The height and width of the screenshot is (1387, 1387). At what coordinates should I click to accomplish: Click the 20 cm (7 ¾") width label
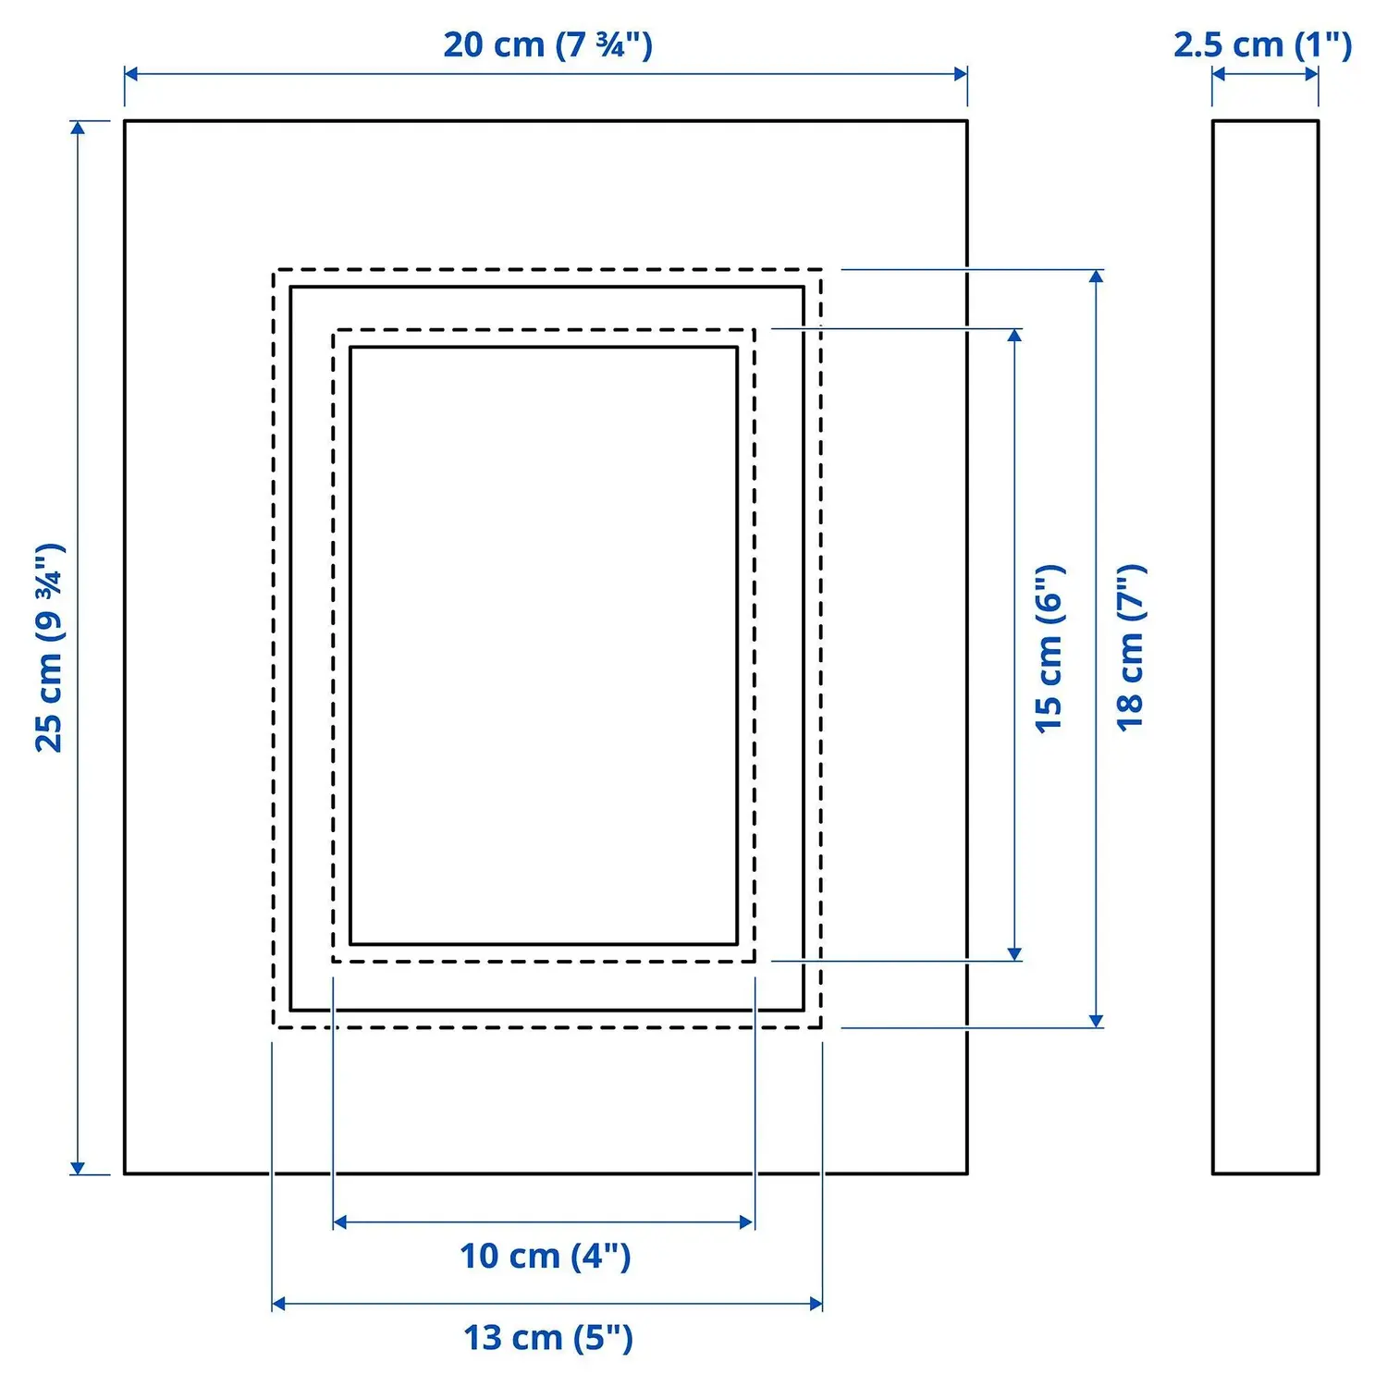(547, 44)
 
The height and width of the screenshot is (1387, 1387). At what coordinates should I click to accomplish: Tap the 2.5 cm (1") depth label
(1263, 44)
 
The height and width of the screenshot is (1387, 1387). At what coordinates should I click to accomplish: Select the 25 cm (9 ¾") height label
(50, 647)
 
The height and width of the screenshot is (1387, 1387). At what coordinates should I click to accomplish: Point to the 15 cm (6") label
(1049, 648)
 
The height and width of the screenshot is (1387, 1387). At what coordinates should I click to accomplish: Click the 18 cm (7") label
(1131, 647)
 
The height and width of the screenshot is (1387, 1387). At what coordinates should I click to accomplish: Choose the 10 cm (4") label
(546, 1256)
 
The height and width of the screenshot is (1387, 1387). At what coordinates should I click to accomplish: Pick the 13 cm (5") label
(548, 1337)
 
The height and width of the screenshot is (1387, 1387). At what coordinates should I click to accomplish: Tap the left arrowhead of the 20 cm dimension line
(131, 74)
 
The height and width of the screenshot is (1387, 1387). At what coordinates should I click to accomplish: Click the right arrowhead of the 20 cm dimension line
(961, 74)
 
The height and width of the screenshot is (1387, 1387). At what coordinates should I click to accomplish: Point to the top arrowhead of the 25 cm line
(78, 128)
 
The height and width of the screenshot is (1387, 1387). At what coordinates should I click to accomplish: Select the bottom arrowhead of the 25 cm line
(78, 1168)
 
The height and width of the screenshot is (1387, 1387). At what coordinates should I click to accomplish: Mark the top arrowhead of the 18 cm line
(1097, 276)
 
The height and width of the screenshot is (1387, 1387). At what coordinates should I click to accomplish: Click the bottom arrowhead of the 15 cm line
(1015, 954)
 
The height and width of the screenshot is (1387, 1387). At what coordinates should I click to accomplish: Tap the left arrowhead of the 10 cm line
(339, 1222)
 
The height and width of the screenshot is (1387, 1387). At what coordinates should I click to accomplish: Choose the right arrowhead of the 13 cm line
(816, 1304)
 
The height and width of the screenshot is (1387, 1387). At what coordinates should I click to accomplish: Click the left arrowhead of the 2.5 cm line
(1219, 74)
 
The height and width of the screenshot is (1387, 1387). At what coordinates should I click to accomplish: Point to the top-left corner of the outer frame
(125, 120)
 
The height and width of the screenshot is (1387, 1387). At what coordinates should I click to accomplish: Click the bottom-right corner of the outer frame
(967, 1173)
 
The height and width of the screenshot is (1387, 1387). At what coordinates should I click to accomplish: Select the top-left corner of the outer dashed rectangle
(274, 270)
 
